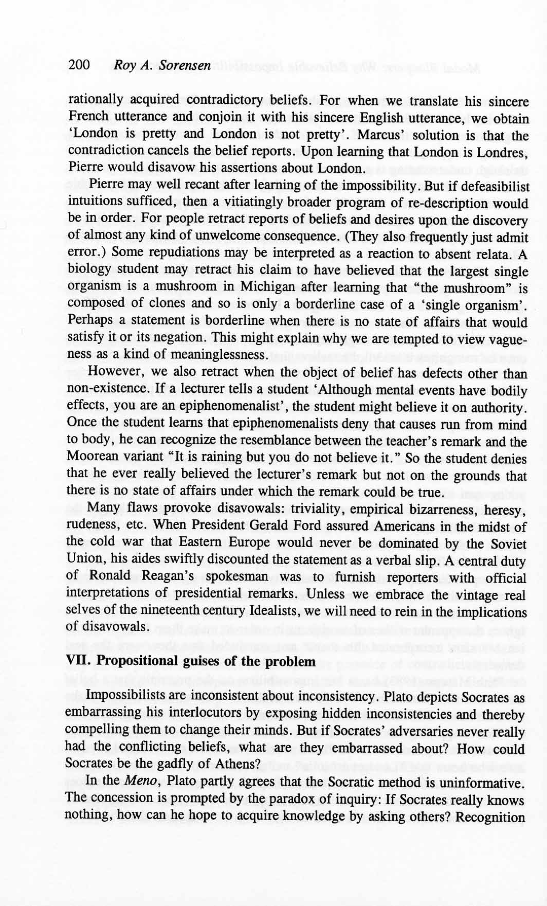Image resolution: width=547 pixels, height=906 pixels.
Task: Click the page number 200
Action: pos(79,65)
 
